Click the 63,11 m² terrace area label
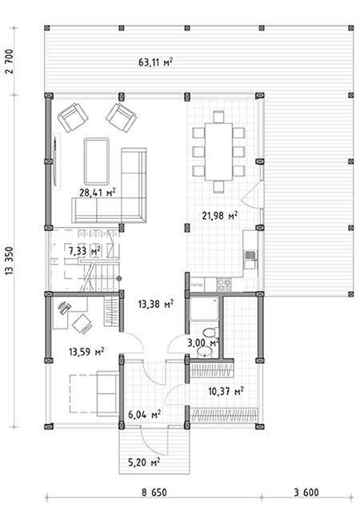[x=155, y=62]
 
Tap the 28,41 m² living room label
[x=98, y=193]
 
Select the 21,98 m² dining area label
[x=220, y=216]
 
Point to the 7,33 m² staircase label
[x=84, y=251]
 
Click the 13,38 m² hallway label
[x=156, y=305]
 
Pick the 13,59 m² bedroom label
[x=86, y=352]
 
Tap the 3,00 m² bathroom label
[x=203, y=343]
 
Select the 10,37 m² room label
[x=226, y=391]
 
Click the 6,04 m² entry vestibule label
[x=144, y=414]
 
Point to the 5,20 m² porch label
[x=144, y=462]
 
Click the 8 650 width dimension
[x=154, y=492]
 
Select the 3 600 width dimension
[x=306, y=492]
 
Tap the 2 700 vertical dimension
[x=10, y=62]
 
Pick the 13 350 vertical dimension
[x=10, y=261]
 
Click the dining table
[x=218, y=151]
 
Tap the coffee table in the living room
[x=97, y=161]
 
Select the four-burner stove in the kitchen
[x=224, y=285]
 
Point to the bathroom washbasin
[x=206, y=352]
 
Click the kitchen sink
[x=250, y=255]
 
